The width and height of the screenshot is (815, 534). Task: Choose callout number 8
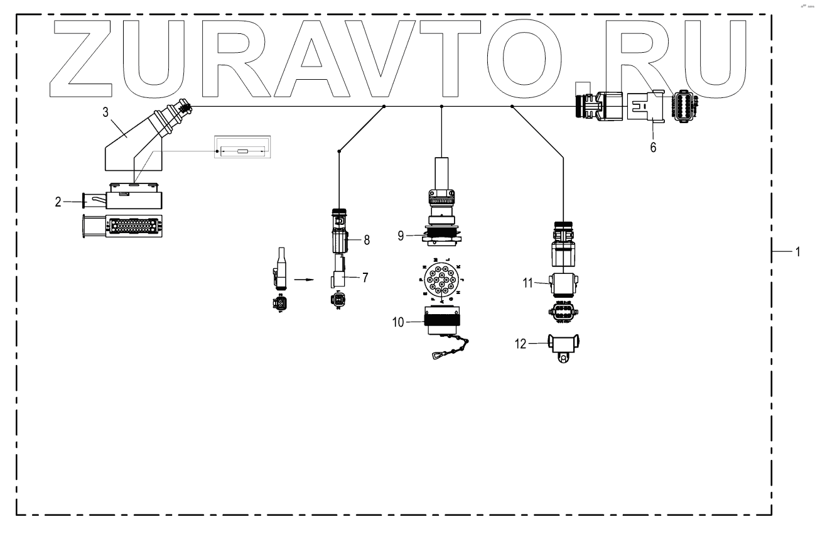click(x=367, y=239)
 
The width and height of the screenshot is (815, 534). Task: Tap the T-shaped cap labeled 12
click(x=563, y=347)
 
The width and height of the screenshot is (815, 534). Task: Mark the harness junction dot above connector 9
click(x=442, y=107)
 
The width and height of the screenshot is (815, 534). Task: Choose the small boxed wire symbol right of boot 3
click(x=242, y=151)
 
